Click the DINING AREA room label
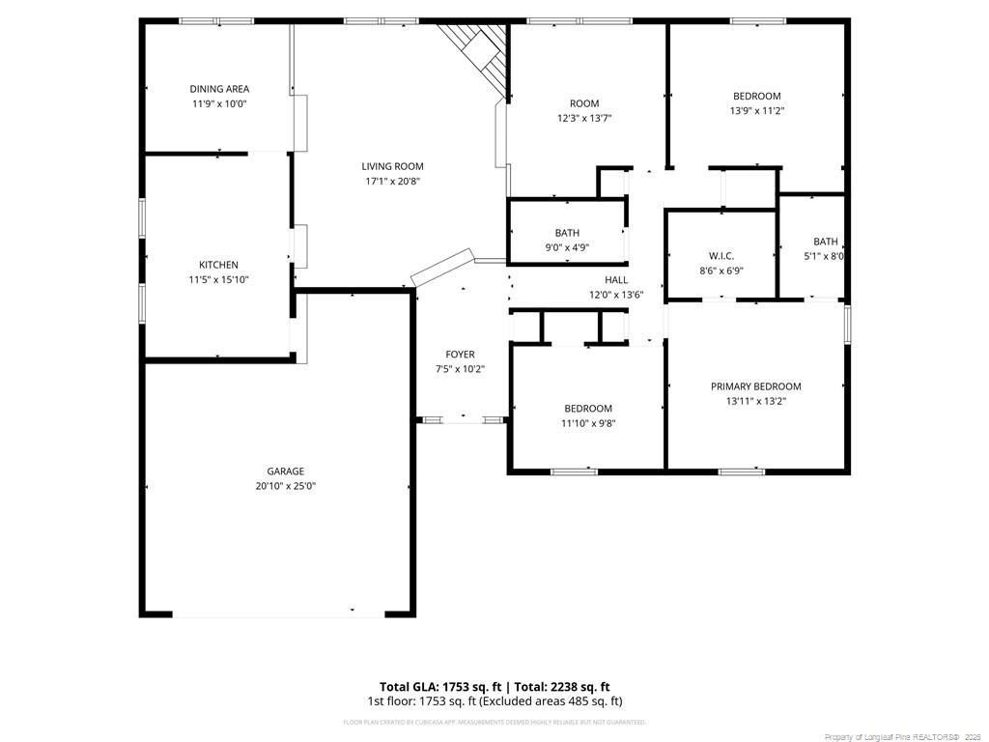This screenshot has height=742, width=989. click(x=219, y=89)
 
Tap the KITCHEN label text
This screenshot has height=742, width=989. click(x=218, y=265)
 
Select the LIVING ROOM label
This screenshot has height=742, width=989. click(x=392, y=166)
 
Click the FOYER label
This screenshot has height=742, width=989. click(x=460, y=355)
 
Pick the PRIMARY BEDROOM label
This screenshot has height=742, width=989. click(x=755, y=386)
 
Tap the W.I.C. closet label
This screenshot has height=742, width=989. click(x=721, y=256)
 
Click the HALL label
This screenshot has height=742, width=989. click(x=616, y=280)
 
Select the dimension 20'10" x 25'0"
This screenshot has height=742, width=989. click(x=279, y=486)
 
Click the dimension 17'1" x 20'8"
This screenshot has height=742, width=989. click(x=392, y=181)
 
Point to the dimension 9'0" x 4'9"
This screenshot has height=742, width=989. click(x=567, y=247)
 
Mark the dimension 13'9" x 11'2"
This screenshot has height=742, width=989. click(x=756, y=110)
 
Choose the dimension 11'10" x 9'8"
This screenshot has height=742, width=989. click(x=588, y=423)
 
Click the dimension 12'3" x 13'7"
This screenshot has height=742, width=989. click(x=584, y=118)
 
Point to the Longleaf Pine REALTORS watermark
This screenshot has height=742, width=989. click(x=902, y=737)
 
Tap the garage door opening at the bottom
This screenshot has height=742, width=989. click(x=278, y=614)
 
